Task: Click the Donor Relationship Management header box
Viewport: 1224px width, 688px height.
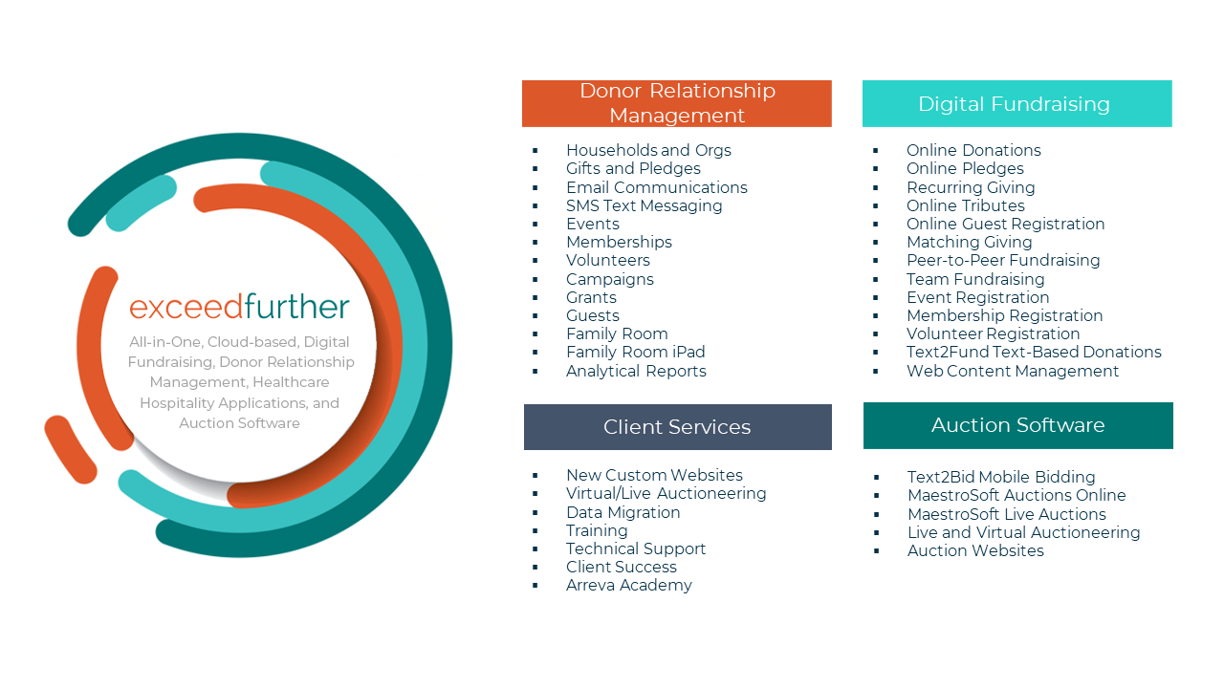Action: click(x=676, y=103)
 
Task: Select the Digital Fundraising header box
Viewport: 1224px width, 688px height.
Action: click(x=1016, y=103)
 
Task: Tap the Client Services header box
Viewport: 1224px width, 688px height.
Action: click(x=677, y=427)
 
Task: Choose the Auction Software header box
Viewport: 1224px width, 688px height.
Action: click(x=1017, y=425)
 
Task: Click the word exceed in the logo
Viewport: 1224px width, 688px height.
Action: click(x=186, y=308)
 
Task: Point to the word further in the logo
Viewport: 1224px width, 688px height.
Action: click(x=296, y=308)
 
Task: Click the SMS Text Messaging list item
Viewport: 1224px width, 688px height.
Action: click(x=644, y=205)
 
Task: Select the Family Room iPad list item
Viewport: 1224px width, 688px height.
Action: click(x=635, y=352)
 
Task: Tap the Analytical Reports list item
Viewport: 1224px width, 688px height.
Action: click(x=636, y=371)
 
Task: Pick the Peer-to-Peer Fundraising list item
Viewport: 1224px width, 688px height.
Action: click(x=1003, y=260)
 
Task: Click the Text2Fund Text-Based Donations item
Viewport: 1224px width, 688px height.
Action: click(x=1034, y=352)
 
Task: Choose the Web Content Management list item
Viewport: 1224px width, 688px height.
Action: click(x=1013, y=371)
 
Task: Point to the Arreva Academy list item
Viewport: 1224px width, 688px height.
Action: click(x=628, y=585)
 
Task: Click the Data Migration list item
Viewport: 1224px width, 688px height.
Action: click(x=623, y=512)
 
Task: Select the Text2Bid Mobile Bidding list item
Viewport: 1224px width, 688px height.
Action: click(x=1001, y=477)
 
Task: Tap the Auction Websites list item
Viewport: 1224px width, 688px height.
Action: click(x=975, y=550)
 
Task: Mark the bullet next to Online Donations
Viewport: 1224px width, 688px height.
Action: click(x=876, y=151)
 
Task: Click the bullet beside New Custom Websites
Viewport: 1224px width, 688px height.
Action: click(x=535, y=476)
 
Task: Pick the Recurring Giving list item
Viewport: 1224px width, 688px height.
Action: click(x=971, y=187)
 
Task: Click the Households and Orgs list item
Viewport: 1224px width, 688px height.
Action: click(x=648, y=150)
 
